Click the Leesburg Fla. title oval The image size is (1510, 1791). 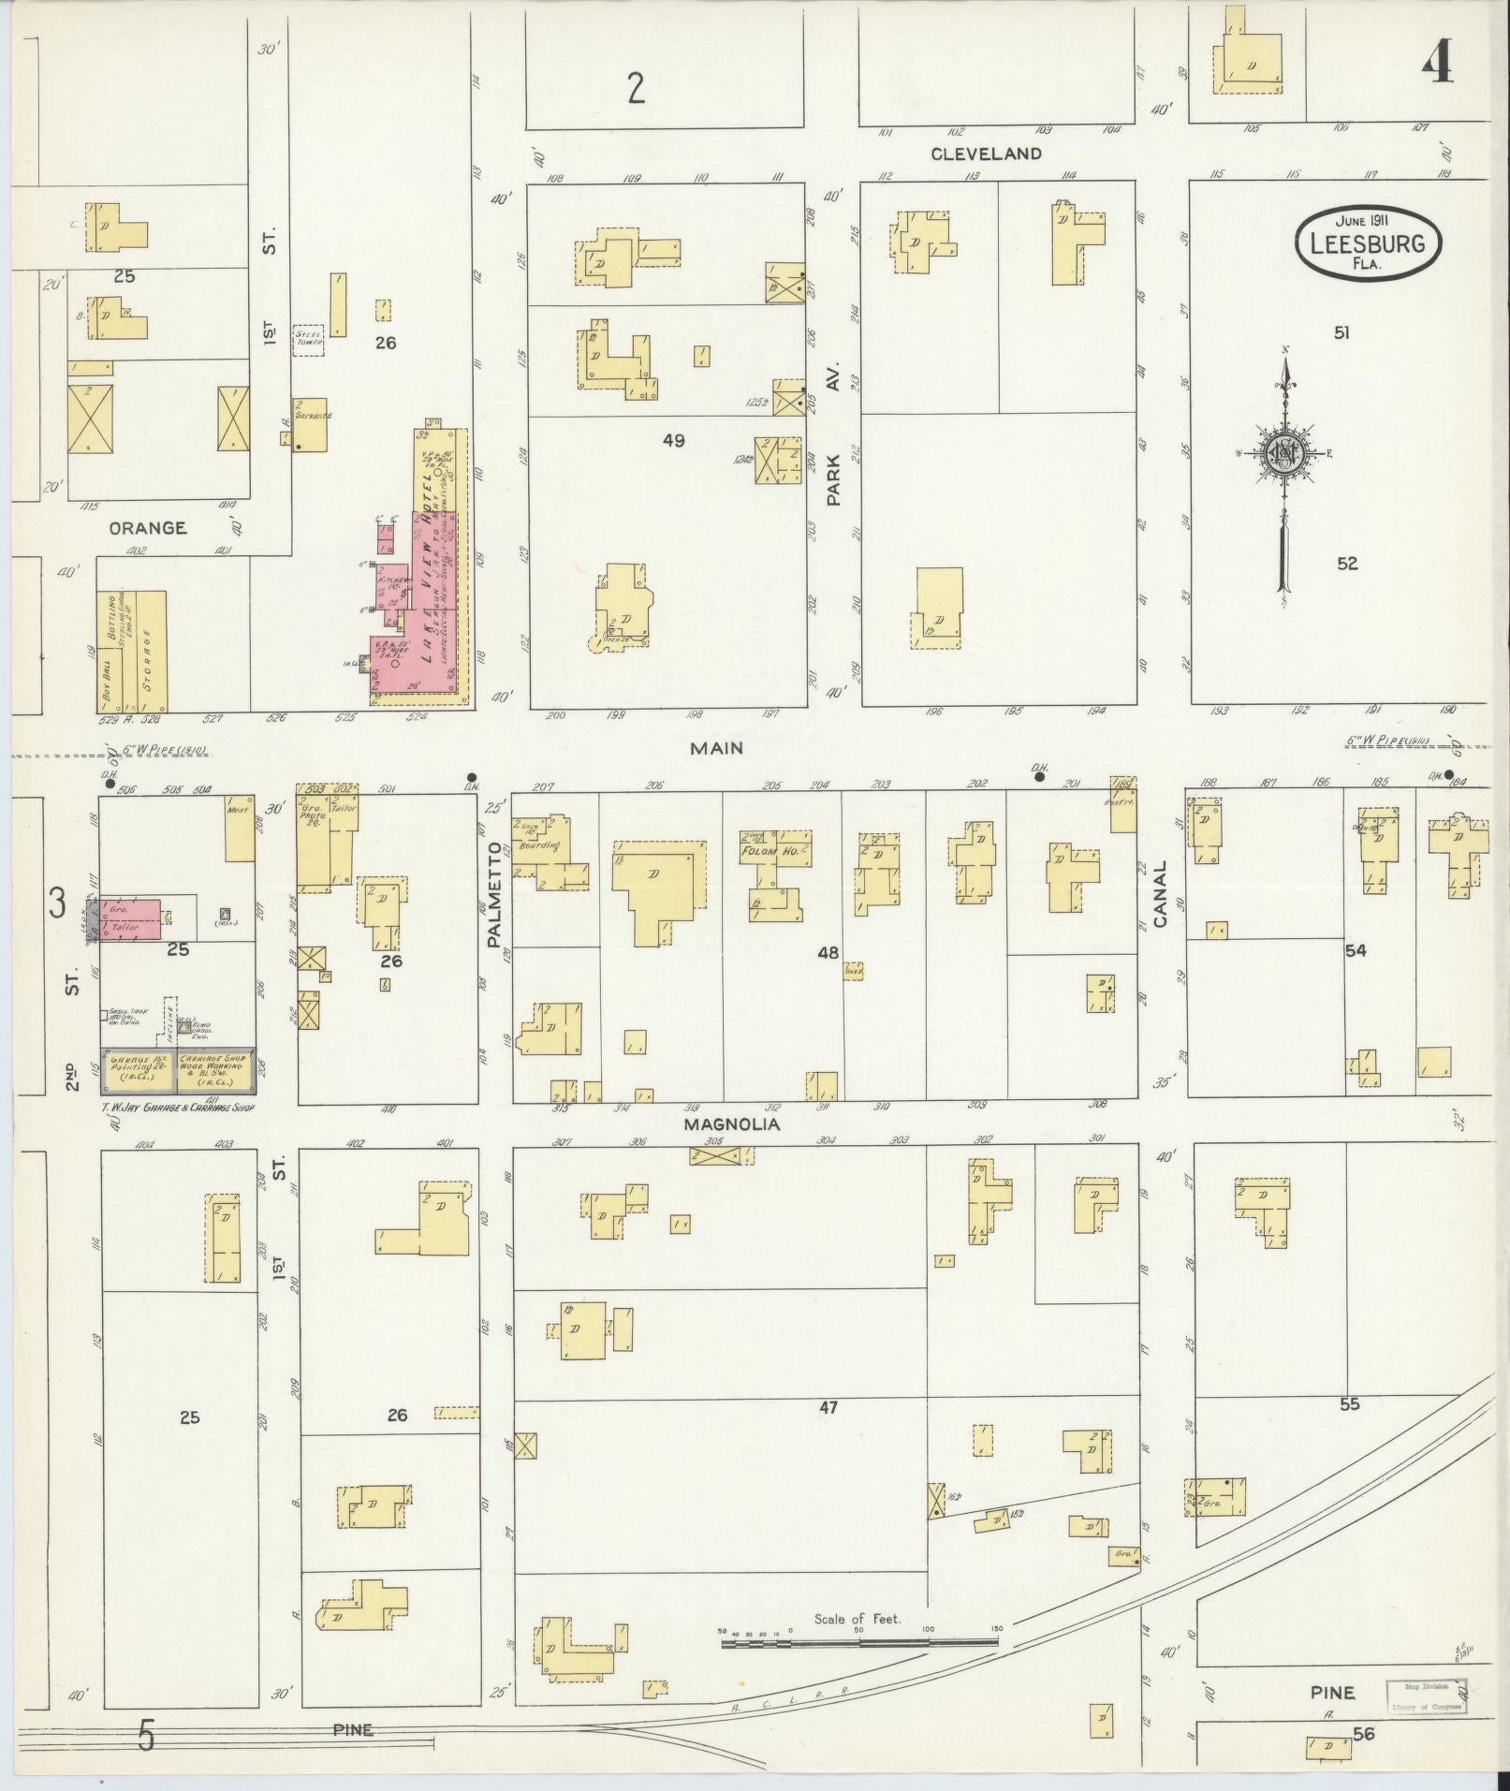pyautogui.click(x=1368, y=242)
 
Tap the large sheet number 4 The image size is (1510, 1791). pyautogui.click(x=1437, y=64)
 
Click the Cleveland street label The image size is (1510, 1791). pyautogui.click(x=986, y=154)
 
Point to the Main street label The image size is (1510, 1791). pyautogui.click(x=716, y=747)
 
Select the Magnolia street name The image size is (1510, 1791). pyautogui.click(x=731, y=1124)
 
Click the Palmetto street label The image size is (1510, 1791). pyautogui.click(x=495, y=908)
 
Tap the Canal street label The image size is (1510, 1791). pyautogui.click(x=1162, y=894)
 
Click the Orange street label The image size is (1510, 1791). pyautogui.click(x=147, y=528)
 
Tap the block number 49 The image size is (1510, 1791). pyautogui.click(x=673, y=439)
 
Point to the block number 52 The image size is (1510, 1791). pyautogui.click(x=1347, y=564)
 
